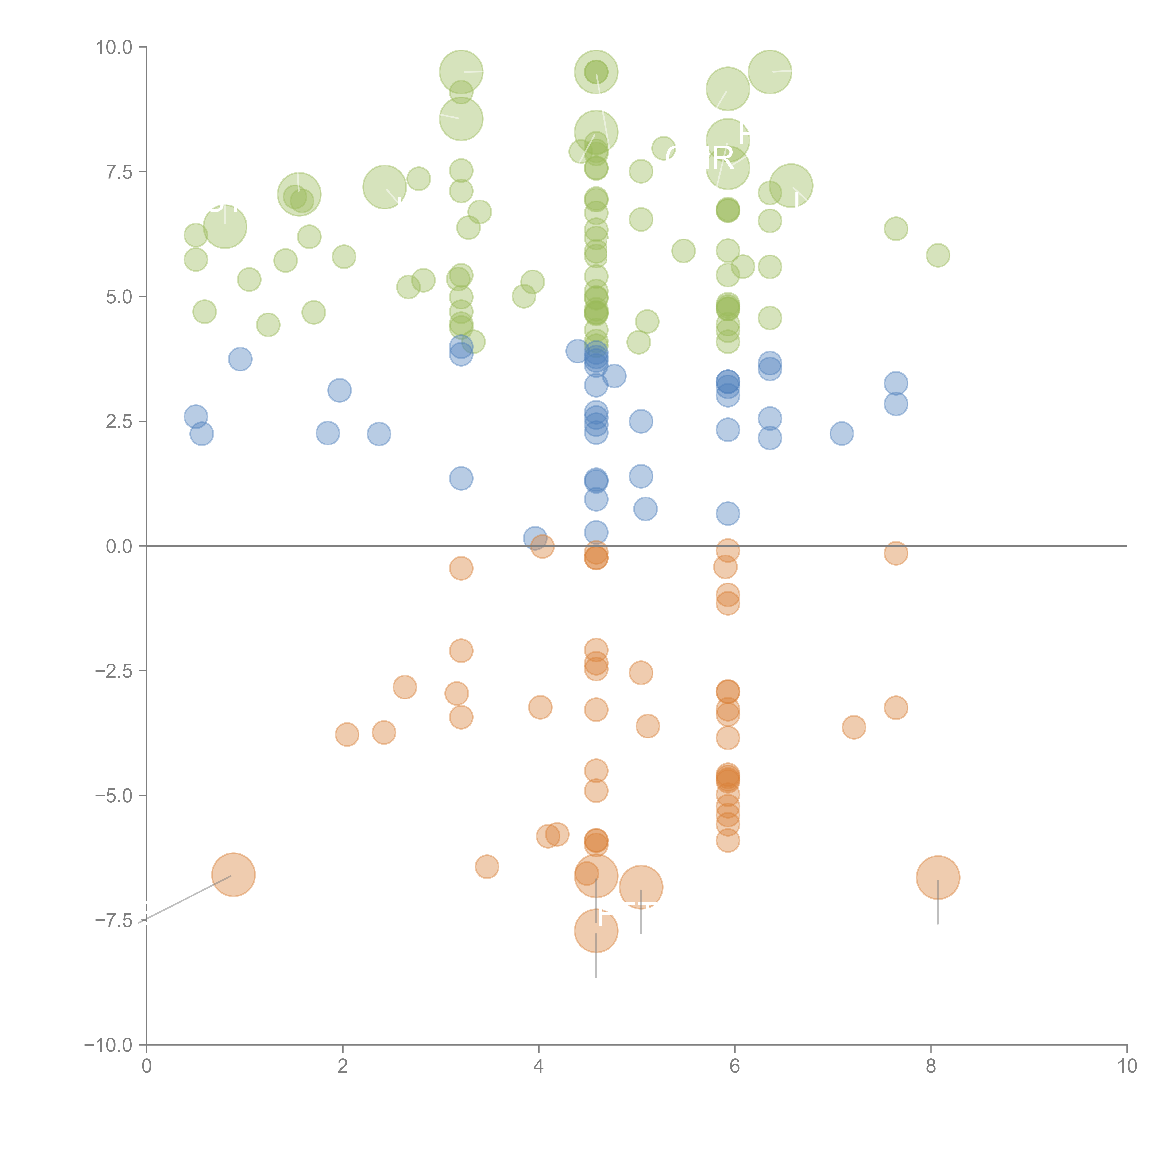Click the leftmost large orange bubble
click(x=233, y=874)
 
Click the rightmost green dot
click(x=938, y=255)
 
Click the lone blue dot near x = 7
click(x=842, y=433)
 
